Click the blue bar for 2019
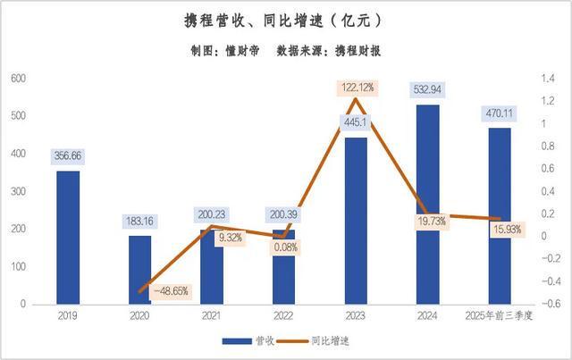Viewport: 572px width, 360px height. tap(68, 237)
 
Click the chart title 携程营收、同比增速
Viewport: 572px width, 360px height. tap(285, 20)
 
